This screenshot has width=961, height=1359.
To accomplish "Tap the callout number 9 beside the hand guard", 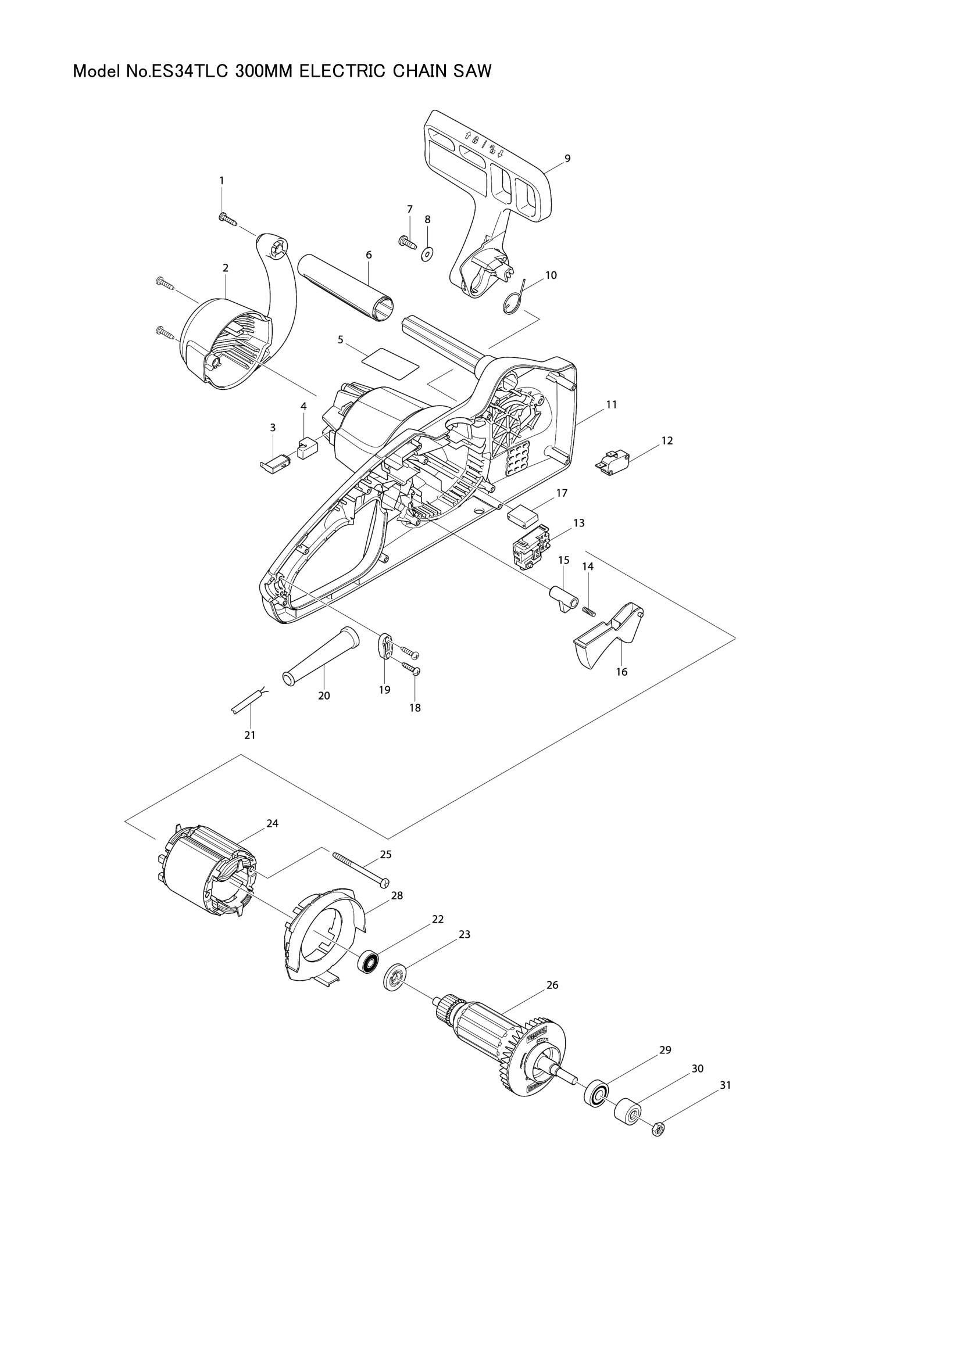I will (x=567, y=158).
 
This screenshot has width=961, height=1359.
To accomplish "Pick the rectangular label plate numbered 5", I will (x=389, y=360).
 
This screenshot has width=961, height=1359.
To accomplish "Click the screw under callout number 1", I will (x=228, y=219).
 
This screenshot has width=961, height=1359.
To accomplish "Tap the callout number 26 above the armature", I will (x=552, y=985).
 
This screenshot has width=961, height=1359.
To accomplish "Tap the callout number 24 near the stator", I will (x=273, y=823).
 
